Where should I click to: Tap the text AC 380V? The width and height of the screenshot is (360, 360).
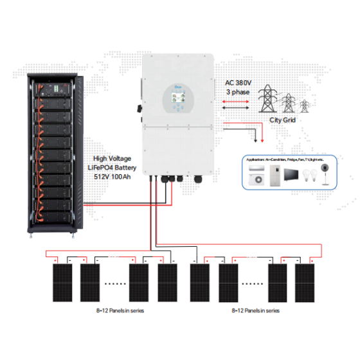click(x=238, y=83)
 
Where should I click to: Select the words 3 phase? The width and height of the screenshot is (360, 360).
click(x=237, y=93)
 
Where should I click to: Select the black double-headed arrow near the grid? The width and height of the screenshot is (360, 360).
click(x=235, y=120)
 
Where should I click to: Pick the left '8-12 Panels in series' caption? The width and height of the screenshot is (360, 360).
click(x=120, y=310)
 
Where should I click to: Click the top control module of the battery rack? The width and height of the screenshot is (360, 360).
click(x=59, y=87)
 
